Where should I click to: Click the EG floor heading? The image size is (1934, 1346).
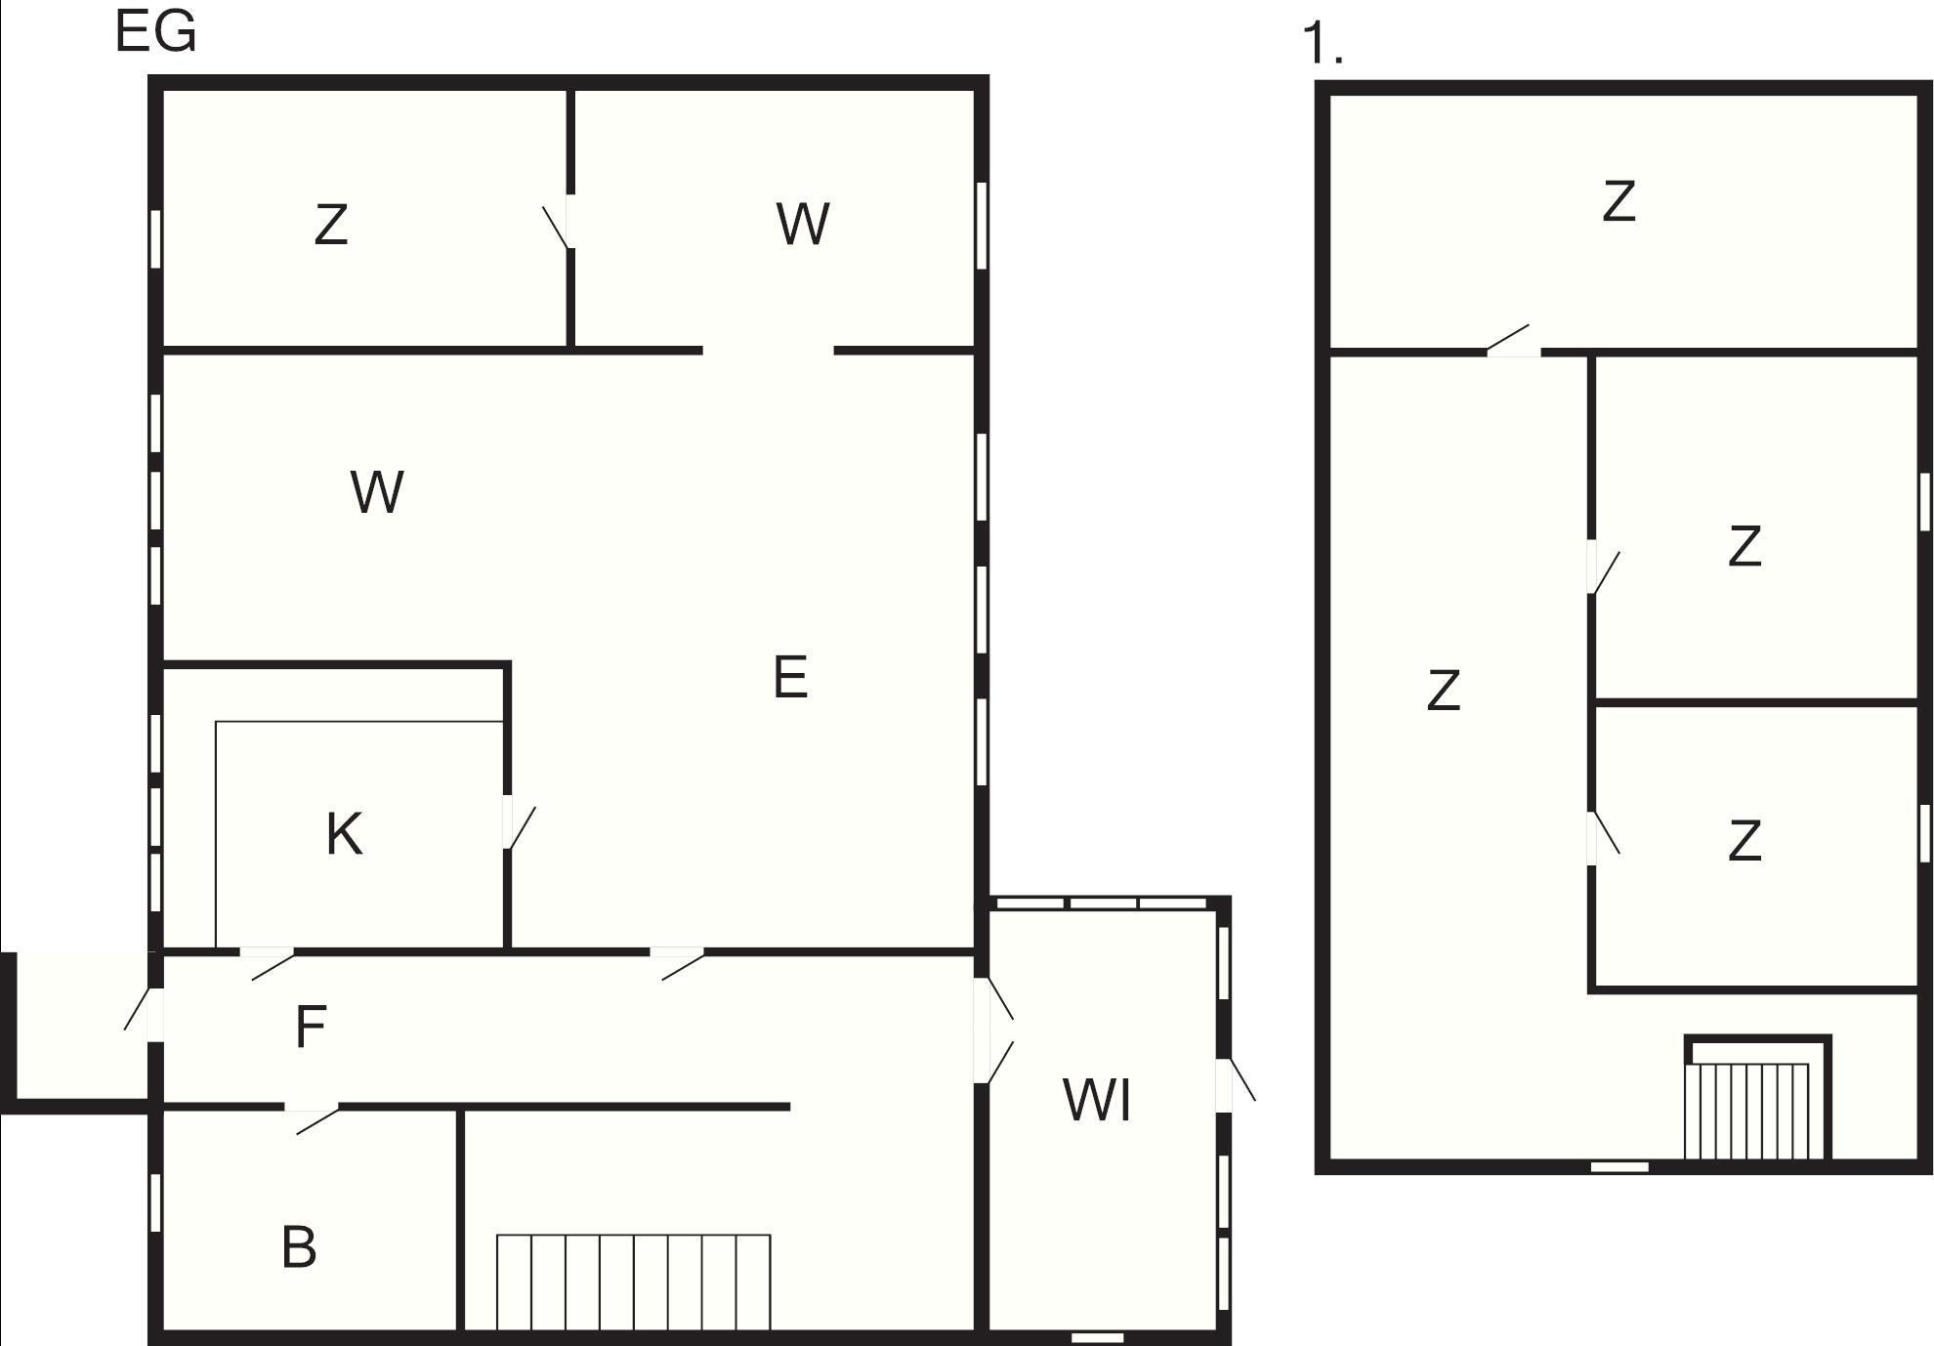tap(156, 31)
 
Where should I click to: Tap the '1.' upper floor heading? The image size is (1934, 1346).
tap(1324, 45)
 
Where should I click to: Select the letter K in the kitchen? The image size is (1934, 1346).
tap(344, 834)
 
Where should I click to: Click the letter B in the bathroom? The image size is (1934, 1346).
tap(299, 1247)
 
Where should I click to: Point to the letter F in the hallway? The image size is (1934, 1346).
tap(310, 1028)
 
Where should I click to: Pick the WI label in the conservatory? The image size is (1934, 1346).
tap(1097, 1100)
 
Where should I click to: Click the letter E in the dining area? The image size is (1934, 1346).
tap(790, 677)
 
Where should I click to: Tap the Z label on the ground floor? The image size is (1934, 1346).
tap(331, 224)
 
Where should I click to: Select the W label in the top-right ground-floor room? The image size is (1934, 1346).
tap(803, 224)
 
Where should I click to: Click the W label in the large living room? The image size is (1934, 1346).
tap(377, 492)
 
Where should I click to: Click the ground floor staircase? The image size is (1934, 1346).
tap(634, 1282)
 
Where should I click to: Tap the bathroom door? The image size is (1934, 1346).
tap(313, 1118)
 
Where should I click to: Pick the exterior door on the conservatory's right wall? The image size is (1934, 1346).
tap(1236, 1084)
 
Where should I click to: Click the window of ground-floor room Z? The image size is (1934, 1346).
tap(155, 238)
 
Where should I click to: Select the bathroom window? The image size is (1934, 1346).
tap(155, 1202)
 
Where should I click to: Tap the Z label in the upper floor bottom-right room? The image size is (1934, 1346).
tap(1745, 841)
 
